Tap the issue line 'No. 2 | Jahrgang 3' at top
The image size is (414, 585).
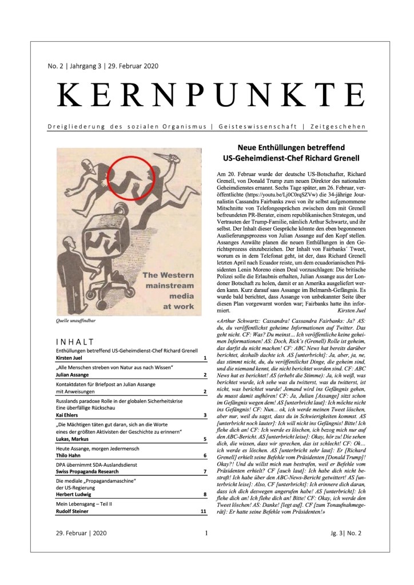coord(86,66)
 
